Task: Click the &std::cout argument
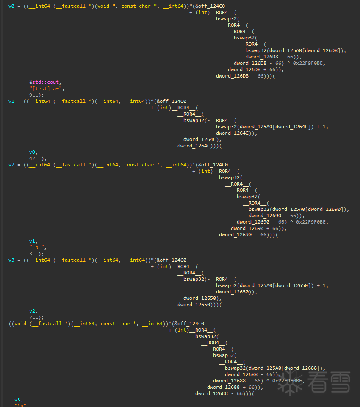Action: tap(44, 82)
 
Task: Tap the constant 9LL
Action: tap(33, 95)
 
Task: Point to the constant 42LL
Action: tap(35, 158)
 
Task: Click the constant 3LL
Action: tap(33, 254)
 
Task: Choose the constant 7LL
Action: tap(33, 318)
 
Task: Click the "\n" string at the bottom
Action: tap(20, 405)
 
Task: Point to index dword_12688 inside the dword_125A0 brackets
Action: tap(300, 368)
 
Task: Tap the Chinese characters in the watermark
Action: tap(329, 382)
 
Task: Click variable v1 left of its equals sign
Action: tap(11, 102)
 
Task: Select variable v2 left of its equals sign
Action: tap(11, 165)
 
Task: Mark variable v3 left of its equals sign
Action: tap(11, 260)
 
